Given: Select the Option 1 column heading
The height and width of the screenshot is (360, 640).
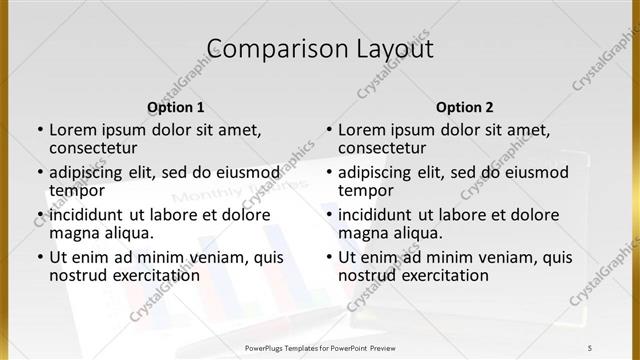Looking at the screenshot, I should (x=175, y=107).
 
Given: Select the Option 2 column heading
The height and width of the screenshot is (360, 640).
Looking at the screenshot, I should (x=464, y=107).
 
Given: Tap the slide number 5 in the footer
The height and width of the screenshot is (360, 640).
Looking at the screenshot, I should (x=590, y=347).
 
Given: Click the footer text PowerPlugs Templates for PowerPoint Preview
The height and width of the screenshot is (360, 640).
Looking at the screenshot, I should (x=320, y=347).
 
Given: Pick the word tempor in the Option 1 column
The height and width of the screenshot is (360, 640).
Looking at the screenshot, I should (x=75, y=190).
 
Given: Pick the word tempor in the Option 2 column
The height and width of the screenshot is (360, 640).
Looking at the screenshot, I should (x=364, y=190).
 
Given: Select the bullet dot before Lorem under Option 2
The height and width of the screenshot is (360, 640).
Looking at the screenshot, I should (x=328, y=130).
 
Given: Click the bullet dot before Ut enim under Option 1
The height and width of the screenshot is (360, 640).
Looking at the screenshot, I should (x=39, y=258).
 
